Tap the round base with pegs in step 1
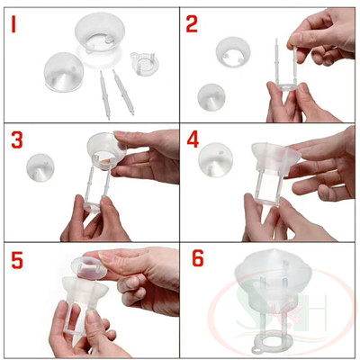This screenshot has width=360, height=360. pyautogui.click(x=143, y=65)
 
